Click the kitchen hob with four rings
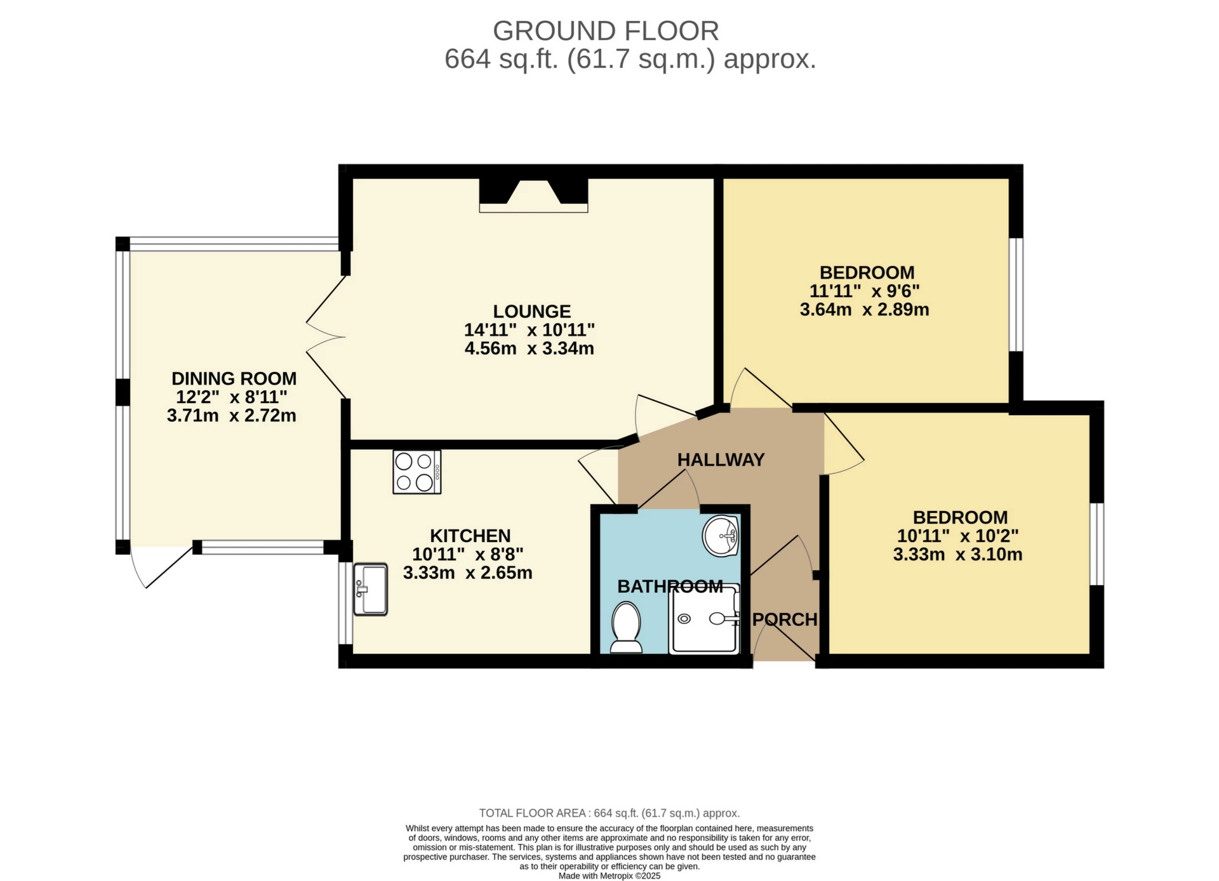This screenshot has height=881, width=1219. click(x=416, y=472)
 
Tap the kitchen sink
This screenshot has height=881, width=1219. click(x=370, y=589)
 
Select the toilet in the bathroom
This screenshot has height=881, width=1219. click(x=626, y=628)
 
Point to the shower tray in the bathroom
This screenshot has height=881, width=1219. click(x=704, y=619)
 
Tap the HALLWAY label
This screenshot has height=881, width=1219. click(x=721, y=460)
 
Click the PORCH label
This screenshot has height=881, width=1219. click(x=785, y=619)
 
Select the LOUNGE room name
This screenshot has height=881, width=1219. click(x=532, y=311)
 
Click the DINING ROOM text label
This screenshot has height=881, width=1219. click(x=234, y=378)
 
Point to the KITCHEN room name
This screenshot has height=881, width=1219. click(x=470, y=536)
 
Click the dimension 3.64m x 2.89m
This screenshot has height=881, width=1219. click(x=864, y=310)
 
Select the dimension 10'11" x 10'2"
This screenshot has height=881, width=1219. click(x=957, y=536)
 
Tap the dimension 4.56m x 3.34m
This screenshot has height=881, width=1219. click(x=529, y=348)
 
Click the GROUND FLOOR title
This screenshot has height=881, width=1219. click(x=606, y=30)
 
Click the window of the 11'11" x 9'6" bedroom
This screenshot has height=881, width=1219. click(x=1016, y=295)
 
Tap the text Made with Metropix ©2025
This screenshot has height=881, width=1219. click(x=609, y=876)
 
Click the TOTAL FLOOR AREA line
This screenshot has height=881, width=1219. click(x=609, y=813)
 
